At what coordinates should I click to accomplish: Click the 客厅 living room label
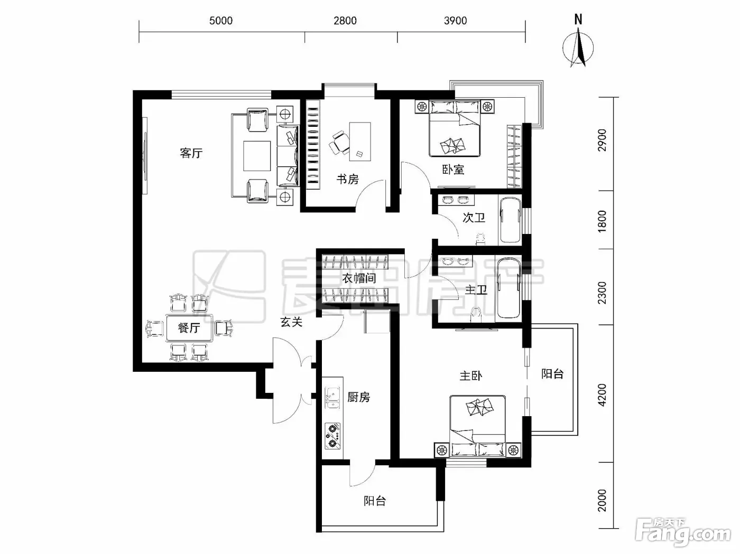[191, 153]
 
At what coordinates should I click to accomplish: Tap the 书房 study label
[348, 179]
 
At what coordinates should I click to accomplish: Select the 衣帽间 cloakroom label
[359, 278]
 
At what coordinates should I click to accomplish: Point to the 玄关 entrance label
[291, 322]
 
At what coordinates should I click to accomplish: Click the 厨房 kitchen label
[359, 397]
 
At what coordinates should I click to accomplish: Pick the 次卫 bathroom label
[474, 218]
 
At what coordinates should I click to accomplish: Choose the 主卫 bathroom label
[476, 289]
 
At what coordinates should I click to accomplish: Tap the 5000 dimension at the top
[221, 21]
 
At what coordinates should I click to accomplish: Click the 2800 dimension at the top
[345, 21]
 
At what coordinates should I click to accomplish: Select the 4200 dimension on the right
[602, 395]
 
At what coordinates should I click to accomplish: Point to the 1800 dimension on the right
[602, 221]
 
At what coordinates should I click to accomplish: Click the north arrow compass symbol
[578, 42]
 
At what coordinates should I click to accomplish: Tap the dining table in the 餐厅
[189, 327]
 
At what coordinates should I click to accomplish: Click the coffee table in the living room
[257, 156]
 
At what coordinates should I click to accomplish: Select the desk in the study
[360, 141]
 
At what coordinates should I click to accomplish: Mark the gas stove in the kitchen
[332, 436]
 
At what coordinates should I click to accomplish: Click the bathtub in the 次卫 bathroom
[511, 220]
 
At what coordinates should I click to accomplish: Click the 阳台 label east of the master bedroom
[552, 374]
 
